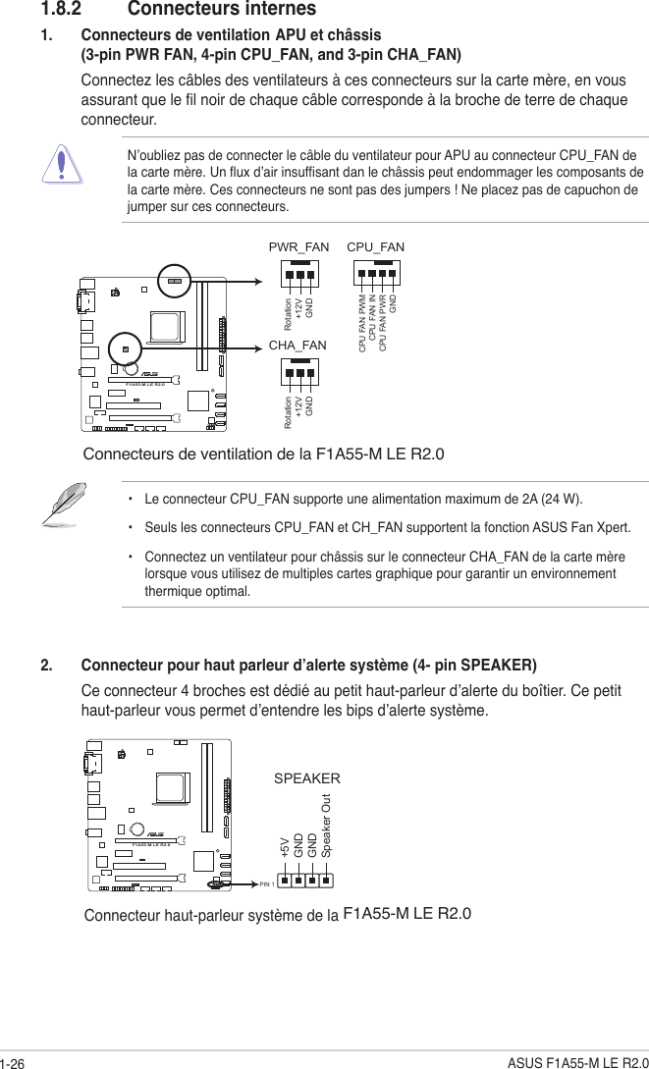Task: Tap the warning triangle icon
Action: coord(62,163)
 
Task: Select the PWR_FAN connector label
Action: coord(298,247)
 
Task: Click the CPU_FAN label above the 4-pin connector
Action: coord(376,247)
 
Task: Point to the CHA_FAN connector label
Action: coord(297,346)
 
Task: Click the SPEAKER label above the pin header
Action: coord(306,778)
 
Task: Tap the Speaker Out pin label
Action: coord(327,826)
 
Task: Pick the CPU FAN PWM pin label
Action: coord(362,323)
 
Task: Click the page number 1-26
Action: coord(14,1058)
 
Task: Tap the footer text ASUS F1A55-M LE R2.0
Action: coord(577,1058)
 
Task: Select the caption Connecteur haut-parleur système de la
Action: coord(211,916)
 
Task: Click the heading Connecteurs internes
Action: coord(222,10)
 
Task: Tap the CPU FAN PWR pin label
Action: coord(383,323)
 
